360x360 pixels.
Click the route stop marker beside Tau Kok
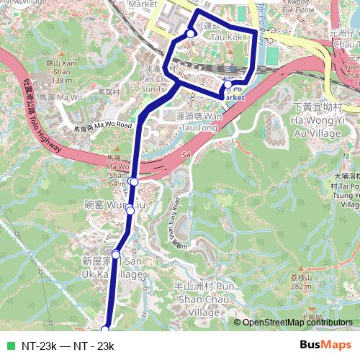point(190,34)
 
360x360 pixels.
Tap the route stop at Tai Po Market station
point(228,84)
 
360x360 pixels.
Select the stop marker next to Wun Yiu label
point(130,210)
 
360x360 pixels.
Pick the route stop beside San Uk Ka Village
point(115,254)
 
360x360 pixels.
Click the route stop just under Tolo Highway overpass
point(134,181)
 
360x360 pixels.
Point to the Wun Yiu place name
point(101,206)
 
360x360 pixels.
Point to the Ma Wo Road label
point(104,127)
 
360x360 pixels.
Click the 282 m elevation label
point(320,285)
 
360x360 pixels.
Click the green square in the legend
point(9,346)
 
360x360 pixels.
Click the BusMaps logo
point(325,346)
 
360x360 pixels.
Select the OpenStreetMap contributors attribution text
point(297,323)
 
